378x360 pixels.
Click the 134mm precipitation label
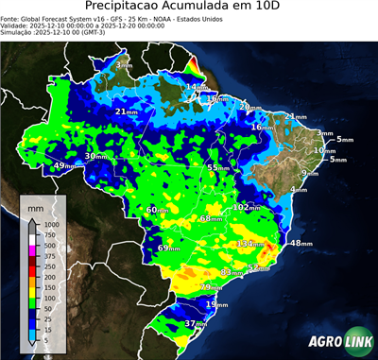pos(250,243)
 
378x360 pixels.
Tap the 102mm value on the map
pos(246,207)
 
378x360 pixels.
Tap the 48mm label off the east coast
pos(300,243)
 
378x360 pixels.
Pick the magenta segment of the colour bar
pos(31,250)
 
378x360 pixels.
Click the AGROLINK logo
pos(336,341)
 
